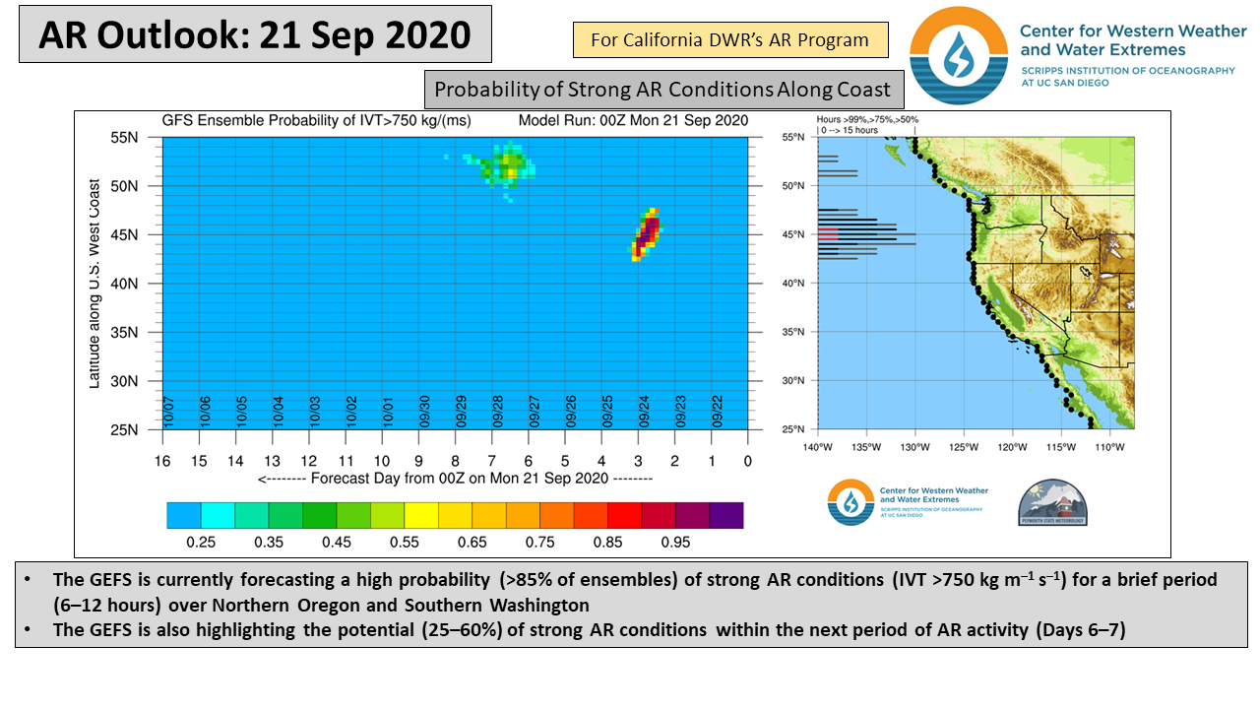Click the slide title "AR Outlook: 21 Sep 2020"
click(255, 36)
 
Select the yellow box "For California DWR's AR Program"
click(729, 40)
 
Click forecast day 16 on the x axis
click(162, 461)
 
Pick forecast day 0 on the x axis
click(748, 461)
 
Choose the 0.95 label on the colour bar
click(675, 543)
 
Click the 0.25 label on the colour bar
click(201, 543)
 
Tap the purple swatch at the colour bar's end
click(726, 515)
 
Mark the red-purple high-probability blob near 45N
click(646, 234)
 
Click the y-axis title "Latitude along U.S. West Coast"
click(95, 284)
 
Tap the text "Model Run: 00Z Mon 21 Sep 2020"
click(633, 121)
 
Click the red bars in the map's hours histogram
click(829, 234)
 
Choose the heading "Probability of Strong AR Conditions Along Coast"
click(662, 90)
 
